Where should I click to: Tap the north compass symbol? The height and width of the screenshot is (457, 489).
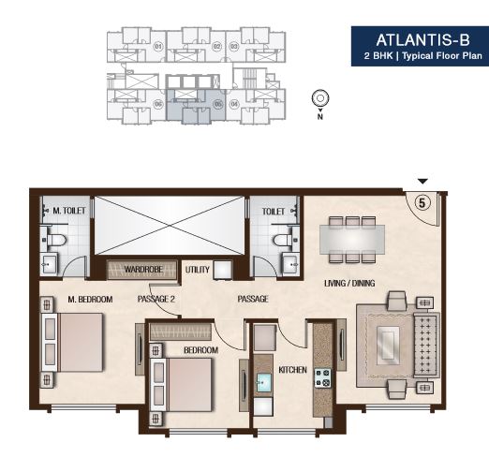coord(320,97)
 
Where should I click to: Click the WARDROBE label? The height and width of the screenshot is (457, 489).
coord(141,270)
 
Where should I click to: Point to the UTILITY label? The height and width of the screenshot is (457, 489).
coord(198,270)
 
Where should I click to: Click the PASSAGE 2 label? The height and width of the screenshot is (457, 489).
coord(156,299)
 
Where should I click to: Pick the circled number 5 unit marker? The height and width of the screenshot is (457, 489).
coord(422,199)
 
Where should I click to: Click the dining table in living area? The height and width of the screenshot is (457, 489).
coord(353,238)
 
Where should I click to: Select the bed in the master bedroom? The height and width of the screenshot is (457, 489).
coord(76,343)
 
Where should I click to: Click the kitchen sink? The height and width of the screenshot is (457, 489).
coord(265,382)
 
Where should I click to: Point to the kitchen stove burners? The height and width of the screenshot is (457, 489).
coord(322,378)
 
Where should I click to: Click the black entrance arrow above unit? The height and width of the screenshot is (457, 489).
coord(422,181)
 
